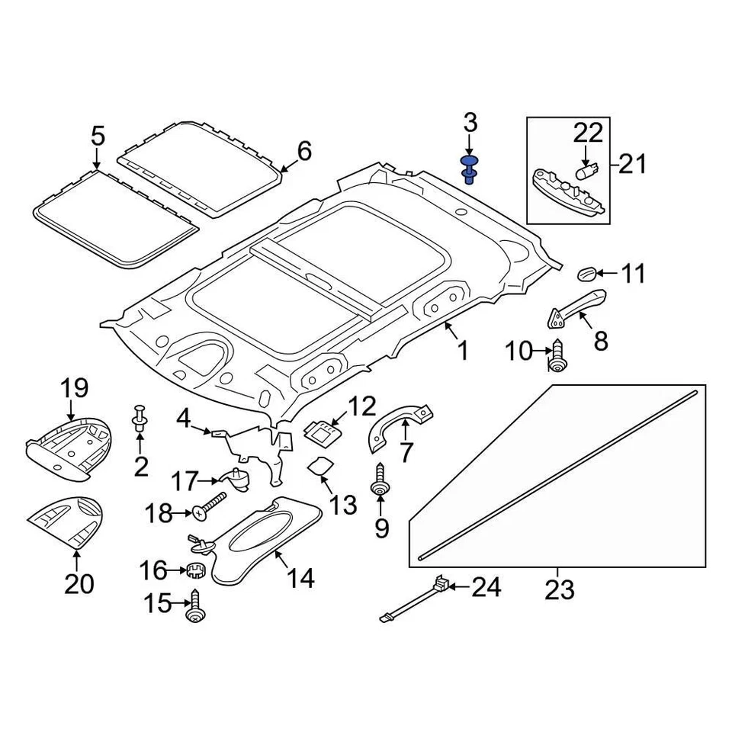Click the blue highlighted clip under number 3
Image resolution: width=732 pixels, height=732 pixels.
pos(469,169)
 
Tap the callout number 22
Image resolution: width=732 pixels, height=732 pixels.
pos(588,133)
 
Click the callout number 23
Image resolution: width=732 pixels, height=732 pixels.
pos(559,589)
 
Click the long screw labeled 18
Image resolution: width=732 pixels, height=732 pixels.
pos(210,506)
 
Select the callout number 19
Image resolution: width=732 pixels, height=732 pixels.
pos(74,387)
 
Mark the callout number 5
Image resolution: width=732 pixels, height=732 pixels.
pos(98,137)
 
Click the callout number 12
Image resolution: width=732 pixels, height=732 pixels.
pos(363,405)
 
